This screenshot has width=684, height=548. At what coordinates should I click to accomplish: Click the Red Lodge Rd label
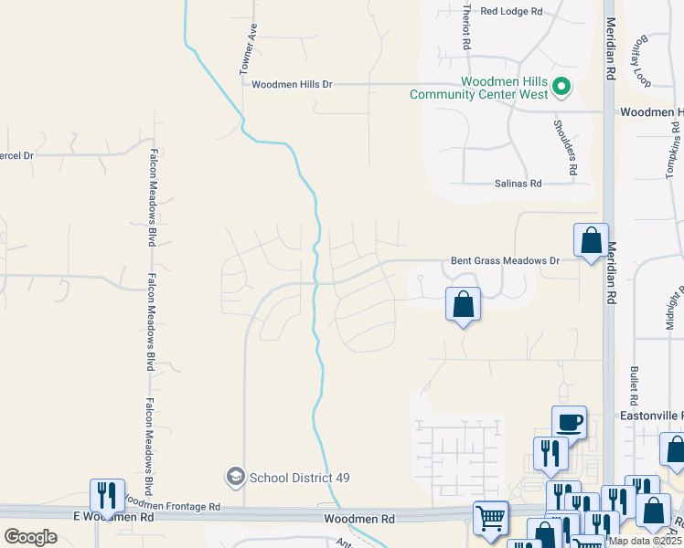click(x=511, y=11)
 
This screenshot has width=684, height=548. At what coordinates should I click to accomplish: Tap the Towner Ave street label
click(x=247, y=49)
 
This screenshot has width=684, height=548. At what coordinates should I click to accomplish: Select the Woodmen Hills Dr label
click(x=292, y=84)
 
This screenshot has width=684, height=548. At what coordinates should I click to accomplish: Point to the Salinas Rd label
click(x=518, y=184)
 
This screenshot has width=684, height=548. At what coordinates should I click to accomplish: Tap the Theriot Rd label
click(x=467, y=26)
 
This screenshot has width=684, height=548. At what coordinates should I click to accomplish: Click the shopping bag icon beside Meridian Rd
click(x=591, y=240)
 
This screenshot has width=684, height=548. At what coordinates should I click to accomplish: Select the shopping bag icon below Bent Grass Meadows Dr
click(x=464, y=304)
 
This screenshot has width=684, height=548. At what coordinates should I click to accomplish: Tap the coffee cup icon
click(x=569, y=422)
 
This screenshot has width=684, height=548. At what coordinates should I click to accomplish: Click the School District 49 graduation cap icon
click(x=235, y=477)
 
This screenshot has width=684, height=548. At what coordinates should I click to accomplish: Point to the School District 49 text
click(x=300, y=478)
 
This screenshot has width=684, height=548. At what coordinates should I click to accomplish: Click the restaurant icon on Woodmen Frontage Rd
click(x=107, y=496)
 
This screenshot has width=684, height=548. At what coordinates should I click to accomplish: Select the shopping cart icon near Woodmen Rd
click(x=491, y=518)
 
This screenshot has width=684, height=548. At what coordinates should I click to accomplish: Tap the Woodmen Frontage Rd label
click(x=173, y=504)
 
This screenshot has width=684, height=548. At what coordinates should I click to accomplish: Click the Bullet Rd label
click(x=633, y=385)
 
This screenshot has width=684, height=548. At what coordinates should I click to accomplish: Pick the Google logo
click(x=30, y=536)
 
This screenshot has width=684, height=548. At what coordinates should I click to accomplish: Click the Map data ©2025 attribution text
click(x=644, y=541)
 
